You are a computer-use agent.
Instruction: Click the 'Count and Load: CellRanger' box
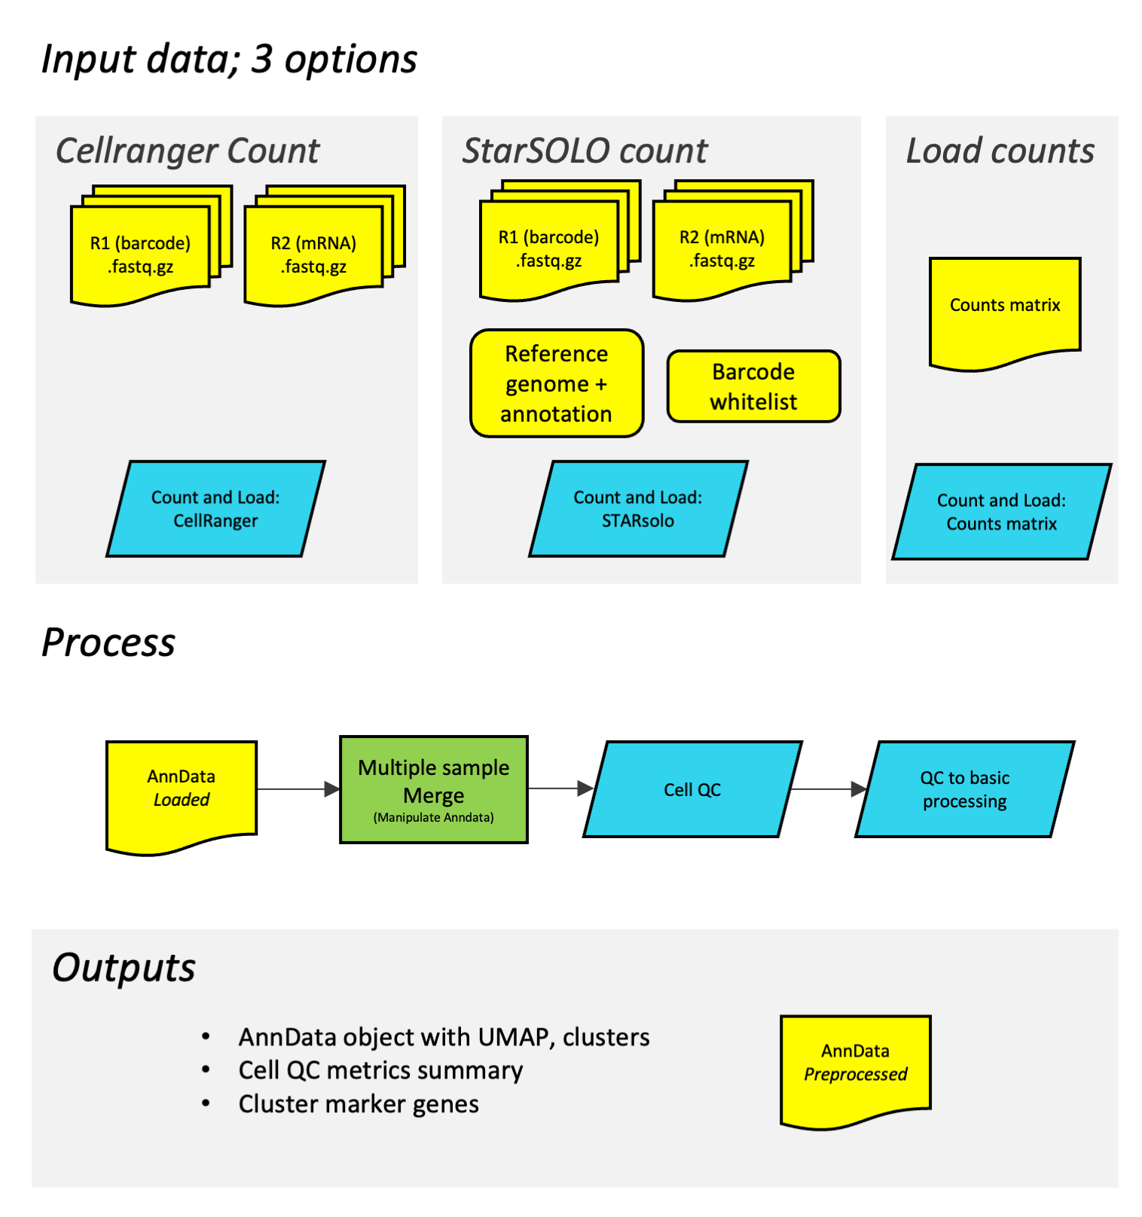(x=215, y=509)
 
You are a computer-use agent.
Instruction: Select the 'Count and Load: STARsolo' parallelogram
(x=638, y=509)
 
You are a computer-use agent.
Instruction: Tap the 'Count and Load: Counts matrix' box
(x=1001, y=512)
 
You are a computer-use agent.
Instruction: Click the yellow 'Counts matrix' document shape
(x=1005, y=309)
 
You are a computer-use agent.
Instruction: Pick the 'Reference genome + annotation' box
(x=557, y=383)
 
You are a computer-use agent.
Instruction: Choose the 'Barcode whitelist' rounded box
(x=753, y=386)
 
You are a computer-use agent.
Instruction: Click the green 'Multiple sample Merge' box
(x=434, y=789)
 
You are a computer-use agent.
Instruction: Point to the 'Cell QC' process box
(x=692, y=789)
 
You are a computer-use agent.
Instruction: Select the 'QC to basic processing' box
(x=964, y=789)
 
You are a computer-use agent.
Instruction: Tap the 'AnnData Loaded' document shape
(x=182, y=791)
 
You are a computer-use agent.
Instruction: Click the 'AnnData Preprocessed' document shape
(x=856, y=1065)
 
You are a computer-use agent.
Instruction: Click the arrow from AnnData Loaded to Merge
(x=298, y=789)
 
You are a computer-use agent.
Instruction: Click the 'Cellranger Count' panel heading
(x=188, y=151)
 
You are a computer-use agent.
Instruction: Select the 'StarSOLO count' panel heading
(x=585, y=151)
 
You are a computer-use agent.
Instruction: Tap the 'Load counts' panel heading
(x=1000, y=151)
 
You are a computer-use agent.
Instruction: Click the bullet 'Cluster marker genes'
(x=359, y=1104)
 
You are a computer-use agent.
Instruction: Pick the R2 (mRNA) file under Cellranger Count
(x=313, y=255)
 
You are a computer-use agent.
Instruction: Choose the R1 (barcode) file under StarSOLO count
(x=548, y=249)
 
